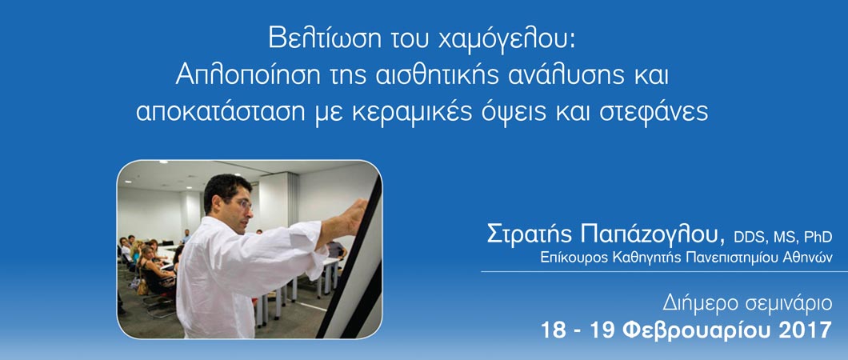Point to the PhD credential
pyautogui.click(x=817, y=238)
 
